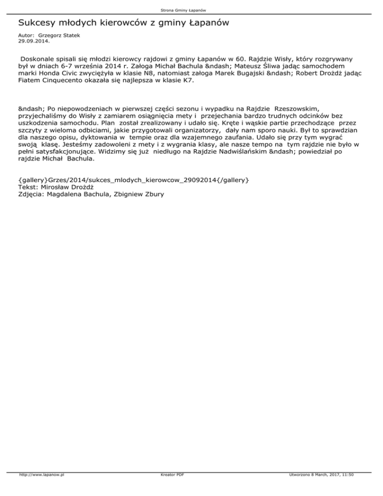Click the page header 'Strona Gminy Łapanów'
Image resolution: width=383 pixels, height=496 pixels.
[x=191, y=9]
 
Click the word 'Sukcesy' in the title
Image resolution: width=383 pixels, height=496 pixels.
[x=37, y=23]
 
